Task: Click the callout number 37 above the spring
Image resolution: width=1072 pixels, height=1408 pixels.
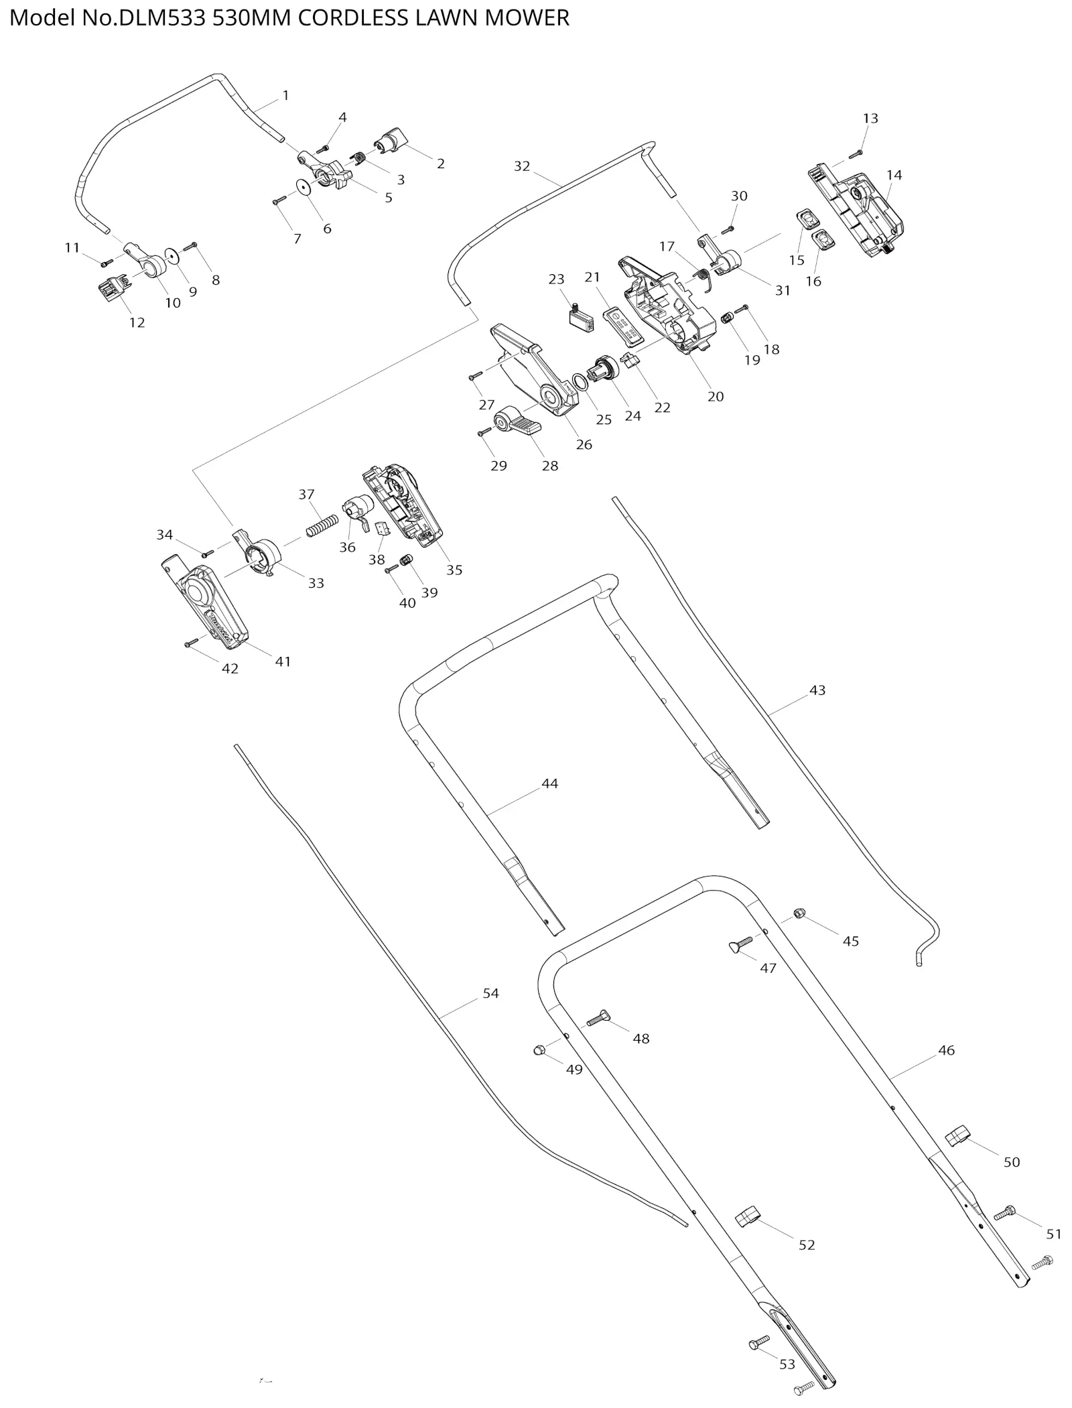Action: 306,495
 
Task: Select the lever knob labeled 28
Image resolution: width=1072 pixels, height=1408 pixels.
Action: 520,422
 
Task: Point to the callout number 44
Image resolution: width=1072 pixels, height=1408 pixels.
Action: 549,783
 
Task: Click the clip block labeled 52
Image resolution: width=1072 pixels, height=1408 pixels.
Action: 749,1216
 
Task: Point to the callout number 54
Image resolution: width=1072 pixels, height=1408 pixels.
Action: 490,993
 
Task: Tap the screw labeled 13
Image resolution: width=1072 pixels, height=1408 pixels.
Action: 856,153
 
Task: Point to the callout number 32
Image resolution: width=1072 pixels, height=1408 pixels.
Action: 522,166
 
